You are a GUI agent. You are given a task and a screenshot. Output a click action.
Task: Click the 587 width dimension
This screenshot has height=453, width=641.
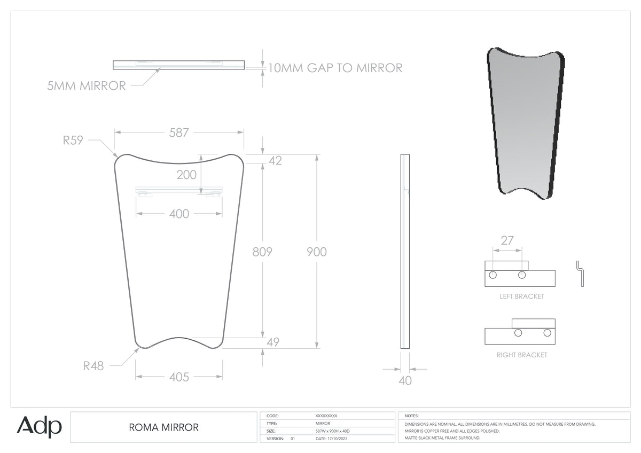pyautogui.click(x=179, y=133)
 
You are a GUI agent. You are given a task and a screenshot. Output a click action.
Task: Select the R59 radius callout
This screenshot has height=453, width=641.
pyautogui.click(x=73, y=140)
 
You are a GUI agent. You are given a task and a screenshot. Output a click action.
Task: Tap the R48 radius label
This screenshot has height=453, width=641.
pyautogui.click(x=93, y=366)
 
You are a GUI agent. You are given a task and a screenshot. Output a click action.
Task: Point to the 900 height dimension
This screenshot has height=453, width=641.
pyautogui.click(x=316, y=252)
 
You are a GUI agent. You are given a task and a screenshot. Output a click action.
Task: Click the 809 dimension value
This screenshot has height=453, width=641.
pyautogui.click(x=262, y=252)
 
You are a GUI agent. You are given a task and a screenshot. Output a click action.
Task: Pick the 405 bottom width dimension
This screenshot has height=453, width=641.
pyautogui.click(x=179, y=377)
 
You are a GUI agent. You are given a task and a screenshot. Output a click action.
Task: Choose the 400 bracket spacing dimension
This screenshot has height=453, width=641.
pyautogui.click(x=179, y=214)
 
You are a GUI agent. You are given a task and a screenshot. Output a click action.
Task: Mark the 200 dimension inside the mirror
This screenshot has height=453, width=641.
pyautogui.click(x=186, y=175)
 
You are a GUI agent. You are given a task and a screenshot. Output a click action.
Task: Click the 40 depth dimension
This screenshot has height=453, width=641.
pyautogui.click(x=405, y=380)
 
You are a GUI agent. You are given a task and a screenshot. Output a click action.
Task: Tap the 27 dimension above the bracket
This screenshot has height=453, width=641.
pyautogui.click(x=507, y=241)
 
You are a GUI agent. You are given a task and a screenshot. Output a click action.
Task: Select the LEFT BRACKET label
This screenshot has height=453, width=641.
pyautogui.click(x=522, y=296)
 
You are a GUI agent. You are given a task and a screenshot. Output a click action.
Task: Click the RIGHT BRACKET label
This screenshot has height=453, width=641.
pyautogui.click(x=522, y=355)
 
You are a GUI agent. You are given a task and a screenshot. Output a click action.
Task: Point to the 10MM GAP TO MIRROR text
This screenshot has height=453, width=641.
pyautogui.click(x=335, y=68)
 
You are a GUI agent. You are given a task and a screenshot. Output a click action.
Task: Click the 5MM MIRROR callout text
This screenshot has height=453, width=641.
pyautogui.click(x=87, y=86)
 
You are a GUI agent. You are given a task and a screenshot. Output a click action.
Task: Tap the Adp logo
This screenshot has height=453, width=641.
pyautogui.click(x=39, y=426)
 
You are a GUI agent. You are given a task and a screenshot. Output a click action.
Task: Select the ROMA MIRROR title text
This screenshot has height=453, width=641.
pyautogui.click(x=163, y=427)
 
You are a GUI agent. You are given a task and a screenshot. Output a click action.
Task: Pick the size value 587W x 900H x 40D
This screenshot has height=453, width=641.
pyautogui.click(x=332, y=431)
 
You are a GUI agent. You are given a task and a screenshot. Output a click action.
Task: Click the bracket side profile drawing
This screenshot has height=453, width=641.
pyautogui.click(x=580, y=274)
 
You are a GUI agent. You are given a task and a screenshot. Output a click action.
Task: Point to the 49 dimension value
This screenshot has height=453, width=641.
pyautogui.click(x=273, y=342)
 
